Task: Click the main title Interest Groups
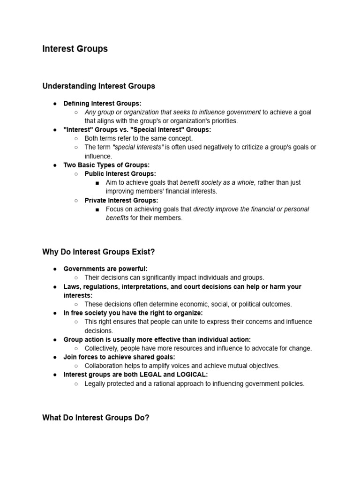tap(75, 49)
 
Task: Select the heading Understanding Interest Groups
tap(98, 86)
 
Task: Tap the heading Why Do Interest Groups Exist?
tap(98, 252)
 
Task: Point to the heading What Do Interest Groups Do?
tap(96, 417)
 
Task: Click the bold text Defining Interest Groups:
tap(102, 103)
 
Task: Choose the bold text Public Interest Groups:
tap(120, 174)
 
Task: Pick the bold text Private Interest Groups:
tap(121, 200)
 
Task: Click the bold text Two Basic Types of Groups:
tap(106, 165)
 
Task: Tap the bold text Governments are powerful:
tap(105, 269)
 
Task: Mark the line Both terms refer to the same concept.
tap(138, 138)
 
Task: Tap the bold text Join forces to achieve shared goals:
tap(119, 357)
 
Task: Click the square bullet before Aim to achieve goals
tap(97, 183)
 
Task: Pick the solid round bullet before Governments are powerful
tap(55, 269)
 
